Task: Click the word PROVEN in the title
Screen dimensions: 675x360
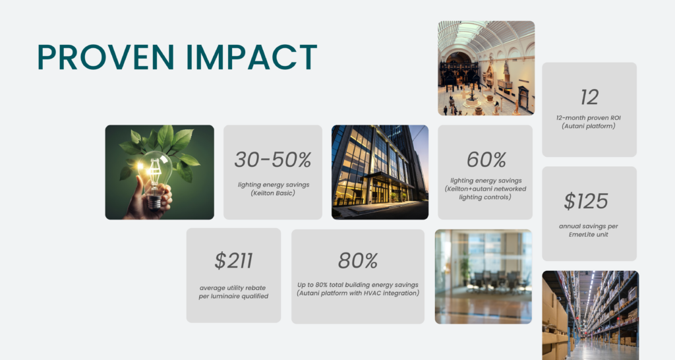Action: [105, 57]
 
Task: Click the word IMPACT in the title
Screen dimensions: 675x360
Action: [252, 57]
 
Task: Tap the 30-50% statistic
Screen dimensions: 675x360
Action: [273, 160]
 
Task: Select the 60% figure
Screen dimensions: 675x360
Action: [486, 160]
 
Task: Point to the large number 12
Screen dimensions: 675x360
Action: [589, 98]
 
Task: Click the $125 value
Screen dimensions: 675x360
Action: [586, 201]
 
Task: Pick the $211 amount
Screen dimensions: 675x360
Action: [234, 260]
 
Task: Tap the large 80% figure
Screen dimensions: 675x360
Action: [358, 260]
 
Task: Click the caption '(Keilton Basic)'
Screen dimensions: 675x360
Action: [273, 193]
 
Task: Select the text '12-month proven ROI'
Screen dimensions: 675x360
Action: [589, 117]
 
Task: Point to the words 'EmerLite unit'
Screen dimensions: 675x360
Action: [589, 235]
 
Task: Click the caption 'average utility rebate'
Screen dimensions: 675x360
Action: [233, 287]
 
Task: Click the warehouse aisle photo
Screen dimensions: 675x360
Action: [590, 315]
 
